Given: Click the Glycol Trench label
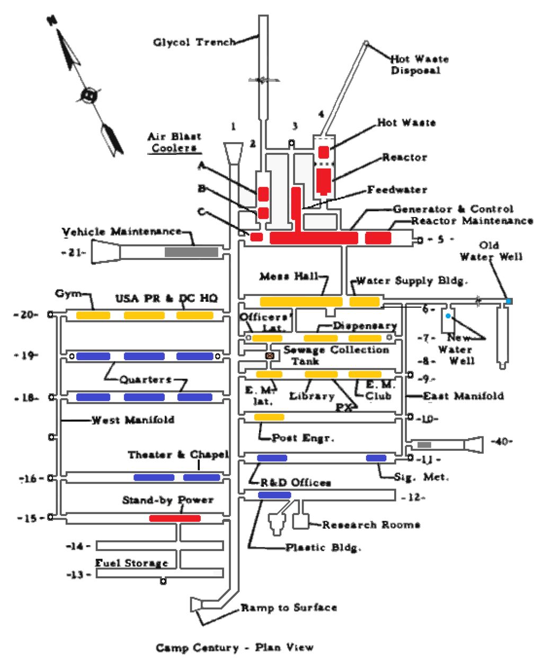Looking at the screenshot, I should click(x=194, y=42).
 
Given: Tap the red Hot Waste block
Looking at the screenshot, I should click(x=323, y=152).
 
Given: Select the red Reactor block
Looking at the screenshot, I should click(x=323, y=180).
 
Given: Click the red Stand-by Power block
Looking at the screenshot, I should click(x=175, y=518).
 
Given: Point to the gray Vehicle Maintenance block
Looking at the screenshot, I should click(x=191, y=252).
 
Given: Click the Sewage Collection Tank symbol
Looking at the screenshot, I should click(x=270, y=356).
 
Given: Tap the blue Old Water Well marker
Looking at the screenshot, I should click(x=509, y=301).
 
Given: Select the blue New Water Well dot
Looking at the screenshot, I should click(x=448, y=316).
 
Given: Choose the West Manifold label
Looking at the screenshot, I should click(x=132, y=420).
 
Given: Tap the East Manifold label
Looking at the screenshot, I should click(x=463, y=396).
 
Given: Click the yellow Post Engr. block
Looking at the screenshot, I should click(x=269, y=417).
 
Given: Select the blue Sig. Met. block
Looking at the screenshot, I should click(x=376, y=458).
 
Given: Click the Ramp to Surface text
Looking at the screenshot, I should click(x=289, y=607).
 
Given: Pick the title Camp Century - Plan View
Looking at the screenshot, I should click(x=234, y=648).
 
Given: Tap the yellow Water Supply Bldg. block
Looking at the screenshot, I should click(x=365, y=302).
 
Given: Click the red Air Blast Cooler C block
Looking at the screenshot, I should click(x=256, y=237).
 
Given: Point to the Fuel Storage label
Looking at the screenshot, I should click(x=131, y=563).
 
